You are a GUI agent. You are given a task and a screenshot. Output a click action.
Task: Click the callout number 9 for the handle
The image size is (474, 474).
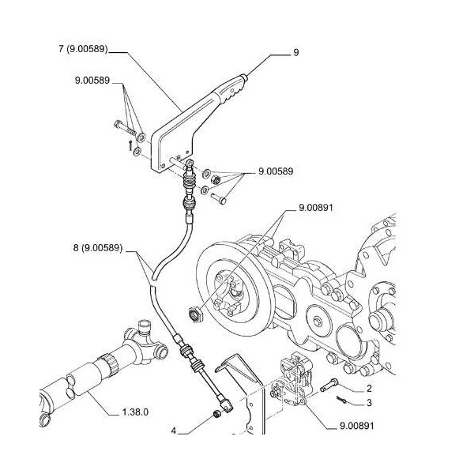point(295,53)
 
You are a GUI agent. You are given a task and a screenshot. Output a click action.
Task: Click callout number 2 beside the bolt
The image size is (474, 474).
point(368,389)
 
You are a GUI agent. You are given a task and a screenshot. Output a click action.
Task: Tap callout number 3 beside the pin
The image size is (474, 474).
point(368,403)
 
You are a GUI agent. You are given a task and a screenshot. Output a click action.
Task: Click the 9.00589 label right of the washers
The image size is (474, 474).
point(276,171)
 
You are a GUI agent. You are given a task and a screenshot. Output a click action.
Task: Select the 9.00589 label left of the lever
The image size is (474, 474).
point(92,81)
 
